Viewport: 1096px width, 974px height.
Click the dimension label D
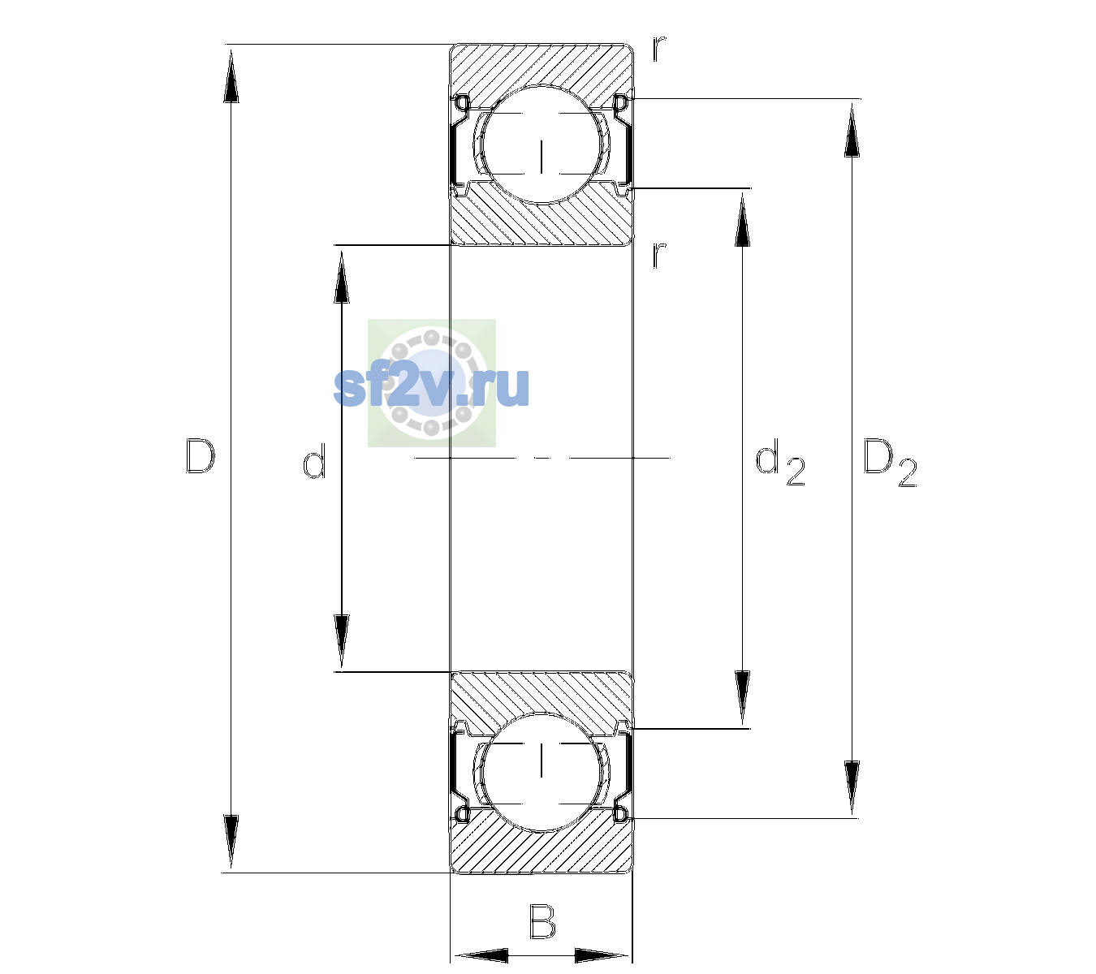click(201, 456)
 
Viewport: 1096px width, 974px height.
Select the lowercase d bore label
click(315, 461)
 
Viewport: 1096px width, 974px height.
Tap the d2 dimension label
click(780, 462)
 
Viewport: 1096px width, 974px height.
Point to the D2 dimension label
click(890, 463)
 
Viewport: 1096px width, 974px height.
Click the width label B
click(542, 921)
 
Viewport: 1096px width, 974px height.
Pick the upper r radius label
click(659, 48)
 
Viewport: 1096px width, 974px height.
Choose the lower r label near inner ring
click(659, 255)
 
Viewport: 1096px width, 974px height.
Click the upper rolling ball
click(542, 144)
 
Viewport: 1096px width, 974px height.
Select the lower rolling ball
click(542, 771)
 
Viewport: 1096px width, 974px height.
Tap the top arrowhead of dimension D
click(231, 75)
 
